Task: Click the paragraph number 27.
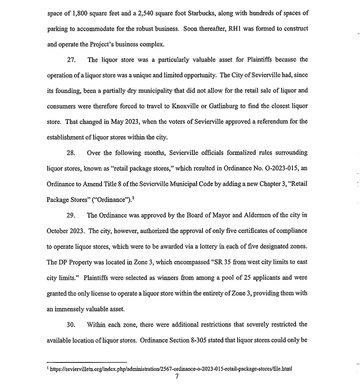click(x=71, y=60)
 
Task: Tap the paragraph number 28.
click(x=71, y=153)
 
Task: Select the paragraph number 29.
click(x=71, y=215)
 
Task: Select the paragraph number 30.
click(x=71, y=324)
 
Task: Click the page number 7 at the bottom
click(x=177, y=376)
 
